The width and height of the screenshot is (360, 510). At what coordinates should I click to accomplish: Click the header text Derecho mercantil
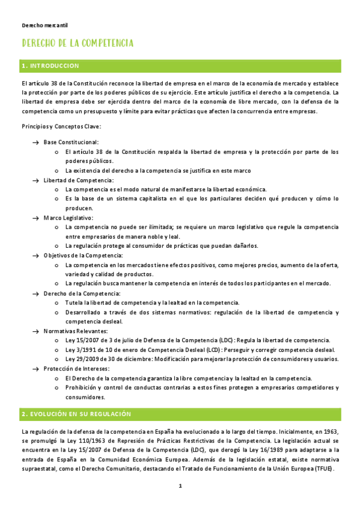[44, 26]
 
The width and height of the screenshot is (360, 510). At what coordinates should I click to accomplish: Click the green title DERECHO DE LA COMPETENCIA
[78, 44]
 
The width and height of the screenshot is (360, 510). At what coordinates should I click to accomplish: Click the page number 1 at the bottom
[180, 486]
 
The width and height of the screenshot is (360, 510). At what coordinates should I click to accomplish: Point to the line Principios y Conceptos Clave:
[61, 126]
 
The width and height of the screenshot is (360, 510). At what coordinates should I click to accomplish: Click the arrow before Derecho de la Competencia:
[35, 293]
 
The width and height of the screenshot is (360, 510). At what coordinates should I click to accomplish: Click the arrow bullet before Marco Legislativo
[35, 218]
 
